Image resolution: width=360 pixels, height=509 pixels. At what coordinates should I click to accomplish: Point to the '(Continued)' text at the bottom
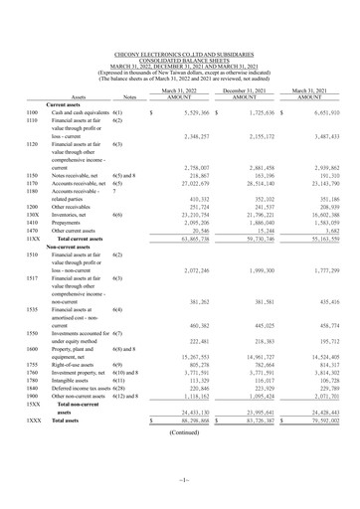click(180, 433)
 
